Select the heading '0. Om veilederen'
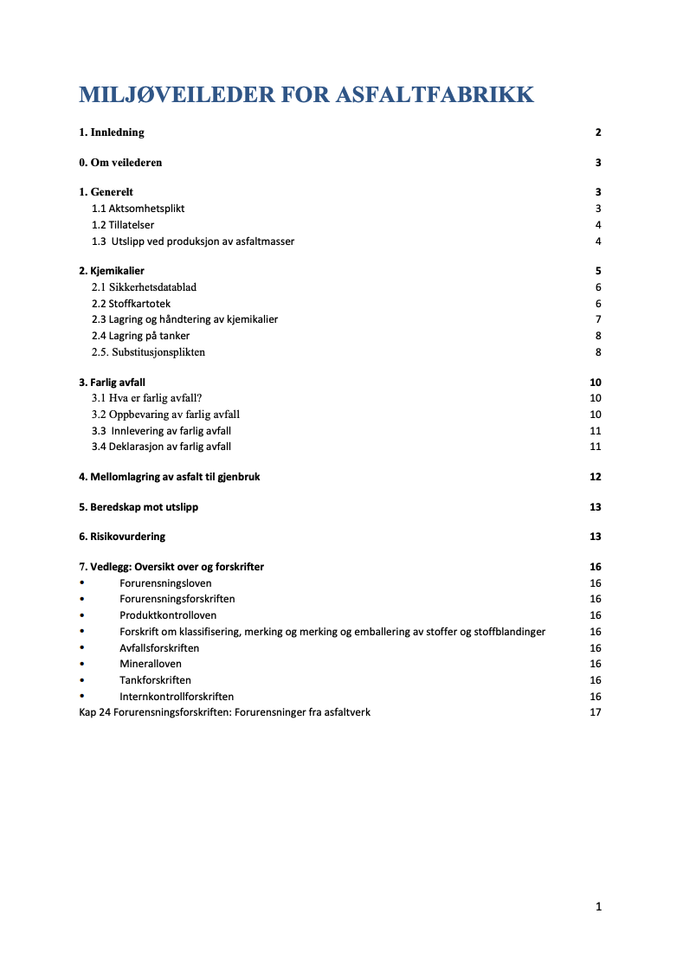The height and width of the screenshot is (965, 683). pyautogui.click(x=120, y=163)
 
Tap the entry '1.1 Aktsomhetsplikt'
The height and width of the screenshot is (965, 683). pyautogui.click(x=138, y=209)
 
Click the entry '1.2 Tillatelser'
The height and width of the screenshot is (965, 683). pyautogui.click(x=123, y=225)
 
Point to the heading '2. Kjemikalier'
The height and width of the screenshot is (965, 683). pyautogui.click(x=112, y=271)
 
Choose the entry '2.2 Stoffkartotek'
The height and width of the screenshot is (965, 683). pyautogui.click(x=131, y=304)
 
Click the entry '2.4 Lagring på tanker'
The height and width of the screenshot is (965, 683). pyautogui.click(x=140, y=336)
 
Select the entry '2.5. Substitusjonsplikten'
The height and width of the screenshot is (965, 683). pyautogui.click(x=148, y=352)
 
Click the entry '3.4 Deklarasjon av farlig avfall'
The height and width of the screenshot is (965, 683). pyautogui.click(x=161, y=447)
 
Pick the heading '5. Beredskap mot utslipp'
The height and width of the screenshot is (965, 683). pyautogui.click(x=139, y=507)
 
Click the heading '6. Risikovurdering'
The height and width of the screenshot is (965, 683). pyautogui.click(x=122, y=537)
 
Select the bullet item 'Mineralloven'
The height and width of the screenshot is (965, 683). pyautogui.click(x=151, y=664)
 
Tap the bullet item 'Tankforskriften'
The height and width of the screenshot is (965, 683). pyautogui.click(x=155, y=680)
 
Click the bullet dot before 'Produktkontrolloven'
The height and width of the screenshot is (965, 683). pyautogui.click(x=82, y=615)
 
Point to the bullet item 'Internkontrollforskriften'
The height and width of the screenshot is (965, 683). pyautogui.click(x=177, y=697)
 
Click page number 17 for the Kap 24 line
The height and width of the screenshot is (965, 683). pyautogui.click(x=596, y=712)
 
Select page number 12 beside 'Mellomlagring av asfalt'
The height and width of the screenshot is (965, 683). pyautogui.click(x=596, y=477)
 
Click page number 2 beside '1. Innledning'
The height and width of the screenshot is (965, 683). pyautogui.click(x=598, y=132)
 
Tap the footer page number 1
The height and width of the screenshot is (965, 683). pyautogui.click(x=598, y=907)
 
